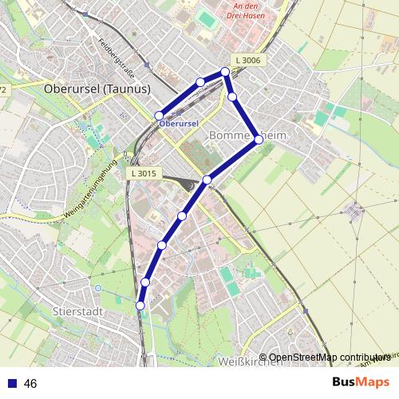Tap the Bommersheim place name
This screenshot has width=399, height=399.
(x=247, y=136)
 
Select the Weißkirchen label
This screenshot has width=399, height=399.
(x=250, y=361)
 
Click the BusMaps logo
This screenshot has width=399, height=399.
(x=360, y=382)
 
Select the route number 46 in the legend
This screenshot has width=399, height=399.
(x=30, y=384)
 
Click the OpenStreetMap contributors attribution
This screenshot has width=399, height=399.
(x=327, y=358)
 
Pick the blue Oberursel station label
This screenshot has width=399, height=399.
(x=177, y=124)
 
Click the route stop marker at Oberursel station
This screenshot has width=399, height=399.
(x=159, y=116)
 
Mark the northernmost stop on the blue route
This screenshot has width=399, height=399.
(x=226, y=72)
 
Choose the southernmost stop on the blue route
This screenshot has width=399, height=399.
(x=140, y=306)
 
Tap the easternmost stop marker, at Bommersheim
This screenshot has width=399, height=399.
(x=259, y=139)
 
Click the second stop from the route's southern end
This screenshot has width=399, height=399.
(x=145, y=282)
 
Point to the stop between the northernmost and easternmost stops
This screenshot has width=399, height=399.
(x=232, y=97)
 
